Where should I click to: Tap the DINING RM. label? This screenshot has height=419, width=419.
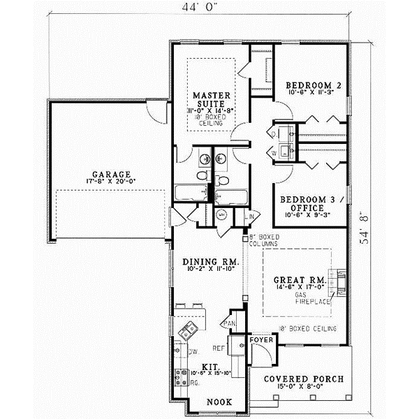211,263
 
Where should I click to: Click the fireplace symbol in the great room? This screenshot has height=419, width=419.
340,279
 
